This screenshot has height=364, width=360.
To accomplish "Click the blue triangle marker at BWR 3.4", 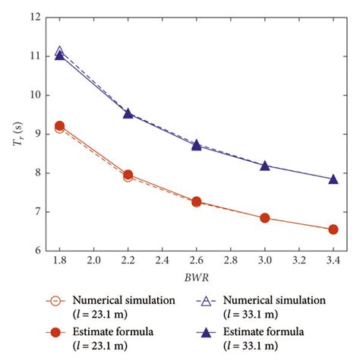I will point(333,179).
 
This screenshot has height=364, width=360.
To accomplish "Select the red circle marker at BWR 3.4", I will point(333,229).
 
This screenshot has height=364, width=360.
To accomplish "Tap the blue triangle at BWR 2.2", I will point(128,113).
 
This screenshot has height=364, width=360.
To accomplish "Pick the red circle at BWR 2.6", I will point(196,202).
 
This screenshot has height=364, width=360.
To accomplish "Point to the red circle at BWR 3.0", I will point(264,218).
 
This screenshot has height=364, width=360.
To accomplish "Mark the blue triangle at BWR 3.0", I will point(264,165).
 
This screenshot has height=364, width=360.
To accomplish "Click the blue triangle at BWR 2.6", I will point(196,144).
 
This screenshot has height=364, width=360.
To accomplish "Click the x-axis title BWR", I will point(196,279).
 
